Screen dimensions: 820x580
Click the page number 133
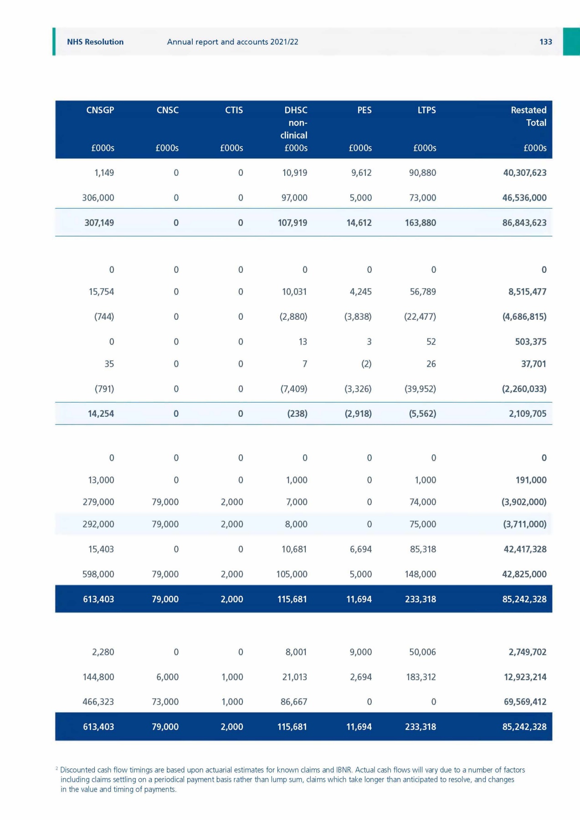point(545,42)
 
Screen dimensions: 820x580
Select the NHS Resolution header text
point(95,42)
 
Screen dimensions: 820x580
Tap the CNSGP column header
point(100,110)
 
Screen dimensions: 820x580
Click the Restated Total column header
point(529,116)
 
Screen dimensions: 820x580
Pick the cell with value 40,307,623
point(525,173)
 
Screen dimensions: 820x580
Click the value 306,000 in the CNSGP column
point(98,198)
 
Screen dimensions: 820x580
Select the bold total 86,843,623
point(524,223)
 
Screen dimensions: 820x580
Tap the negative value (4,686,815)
point(524,317)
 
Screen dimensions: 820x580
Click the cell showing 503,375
point(531,342)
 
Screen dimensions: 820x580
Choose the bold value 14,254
point(101,414)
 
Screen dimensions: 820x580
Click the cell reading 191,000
point(531,480)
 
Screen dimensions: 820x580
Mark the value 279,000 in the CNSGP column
point(98,502)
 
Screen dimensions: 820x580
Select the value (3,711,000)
point(524,524)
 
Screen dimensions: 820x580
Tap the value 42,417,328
point(525,549)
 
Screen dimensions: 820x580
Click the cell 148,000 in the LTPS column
point(421,574)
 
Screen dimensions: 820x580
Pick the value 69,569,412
point(525,702)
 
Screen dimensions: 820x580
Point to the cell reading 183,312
point(421,677)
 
